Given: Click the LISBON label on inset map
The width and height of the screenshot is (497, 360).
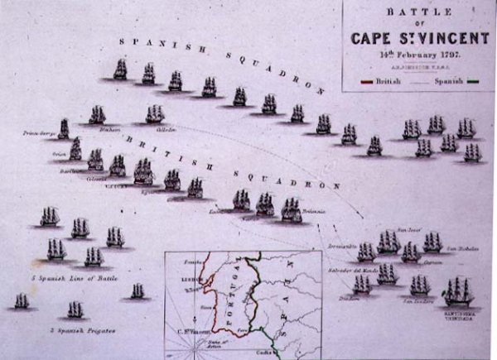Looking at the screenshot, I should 186,280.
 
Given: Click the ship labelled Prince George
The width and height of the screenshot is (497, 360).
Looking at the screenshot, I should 64,129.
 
